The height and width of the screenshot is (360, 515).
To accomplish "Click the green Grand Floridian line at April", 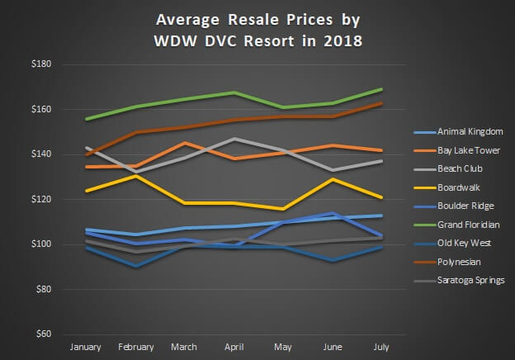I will [234, 92].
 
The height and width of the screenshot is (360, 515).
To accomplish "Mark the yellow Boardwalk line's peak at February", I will [135, 176].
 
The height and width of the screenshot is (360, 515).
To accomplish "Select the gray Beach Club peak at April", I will [234, 139].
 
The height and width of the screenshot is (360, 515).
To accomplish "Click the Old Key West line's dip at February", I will [135, 266].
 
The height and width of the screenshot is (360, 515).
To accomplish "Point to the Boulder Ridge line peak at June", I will [333, 213].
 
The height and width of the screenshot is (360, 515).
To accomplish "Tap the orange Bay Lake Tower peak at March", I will [185, 143].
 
